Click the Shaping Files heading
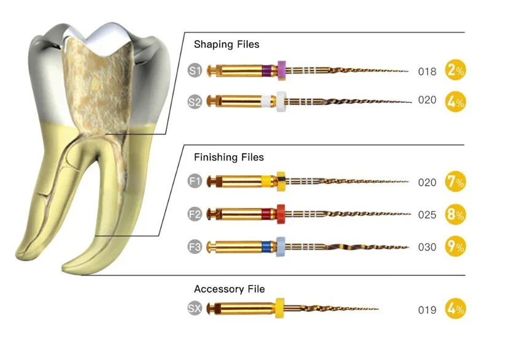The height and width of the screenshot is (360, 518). [226, 45]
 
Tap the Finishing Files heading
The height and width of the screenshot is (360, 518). [229, 158]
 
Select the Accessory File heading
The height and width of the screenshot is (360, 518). [230, 289]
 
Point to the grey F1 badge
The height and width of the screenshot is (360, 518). [195, 182]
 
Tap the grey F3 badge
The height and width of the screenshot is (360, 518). [195, 247]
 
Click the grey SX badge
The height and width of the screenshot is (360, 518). [195, 308]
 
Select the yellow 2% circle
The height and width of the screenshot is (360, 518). [455, 71]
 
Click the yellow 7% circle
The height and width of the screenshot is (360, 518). [455, 182]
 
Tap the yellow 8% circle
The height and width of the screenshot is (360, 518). [455, 214]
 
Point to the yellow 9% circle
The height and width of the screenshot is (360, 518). [455, 247]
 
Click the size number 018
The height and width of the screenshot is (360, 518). [427, 72]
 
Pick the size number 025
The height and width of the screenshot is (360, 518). [427, 215]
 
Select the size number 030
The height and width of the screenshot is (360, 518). [427, 248]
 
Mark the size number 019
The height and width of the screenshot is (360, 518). [427, 310]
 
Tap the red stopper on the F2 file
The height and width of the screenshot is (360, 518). [281, 213]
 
